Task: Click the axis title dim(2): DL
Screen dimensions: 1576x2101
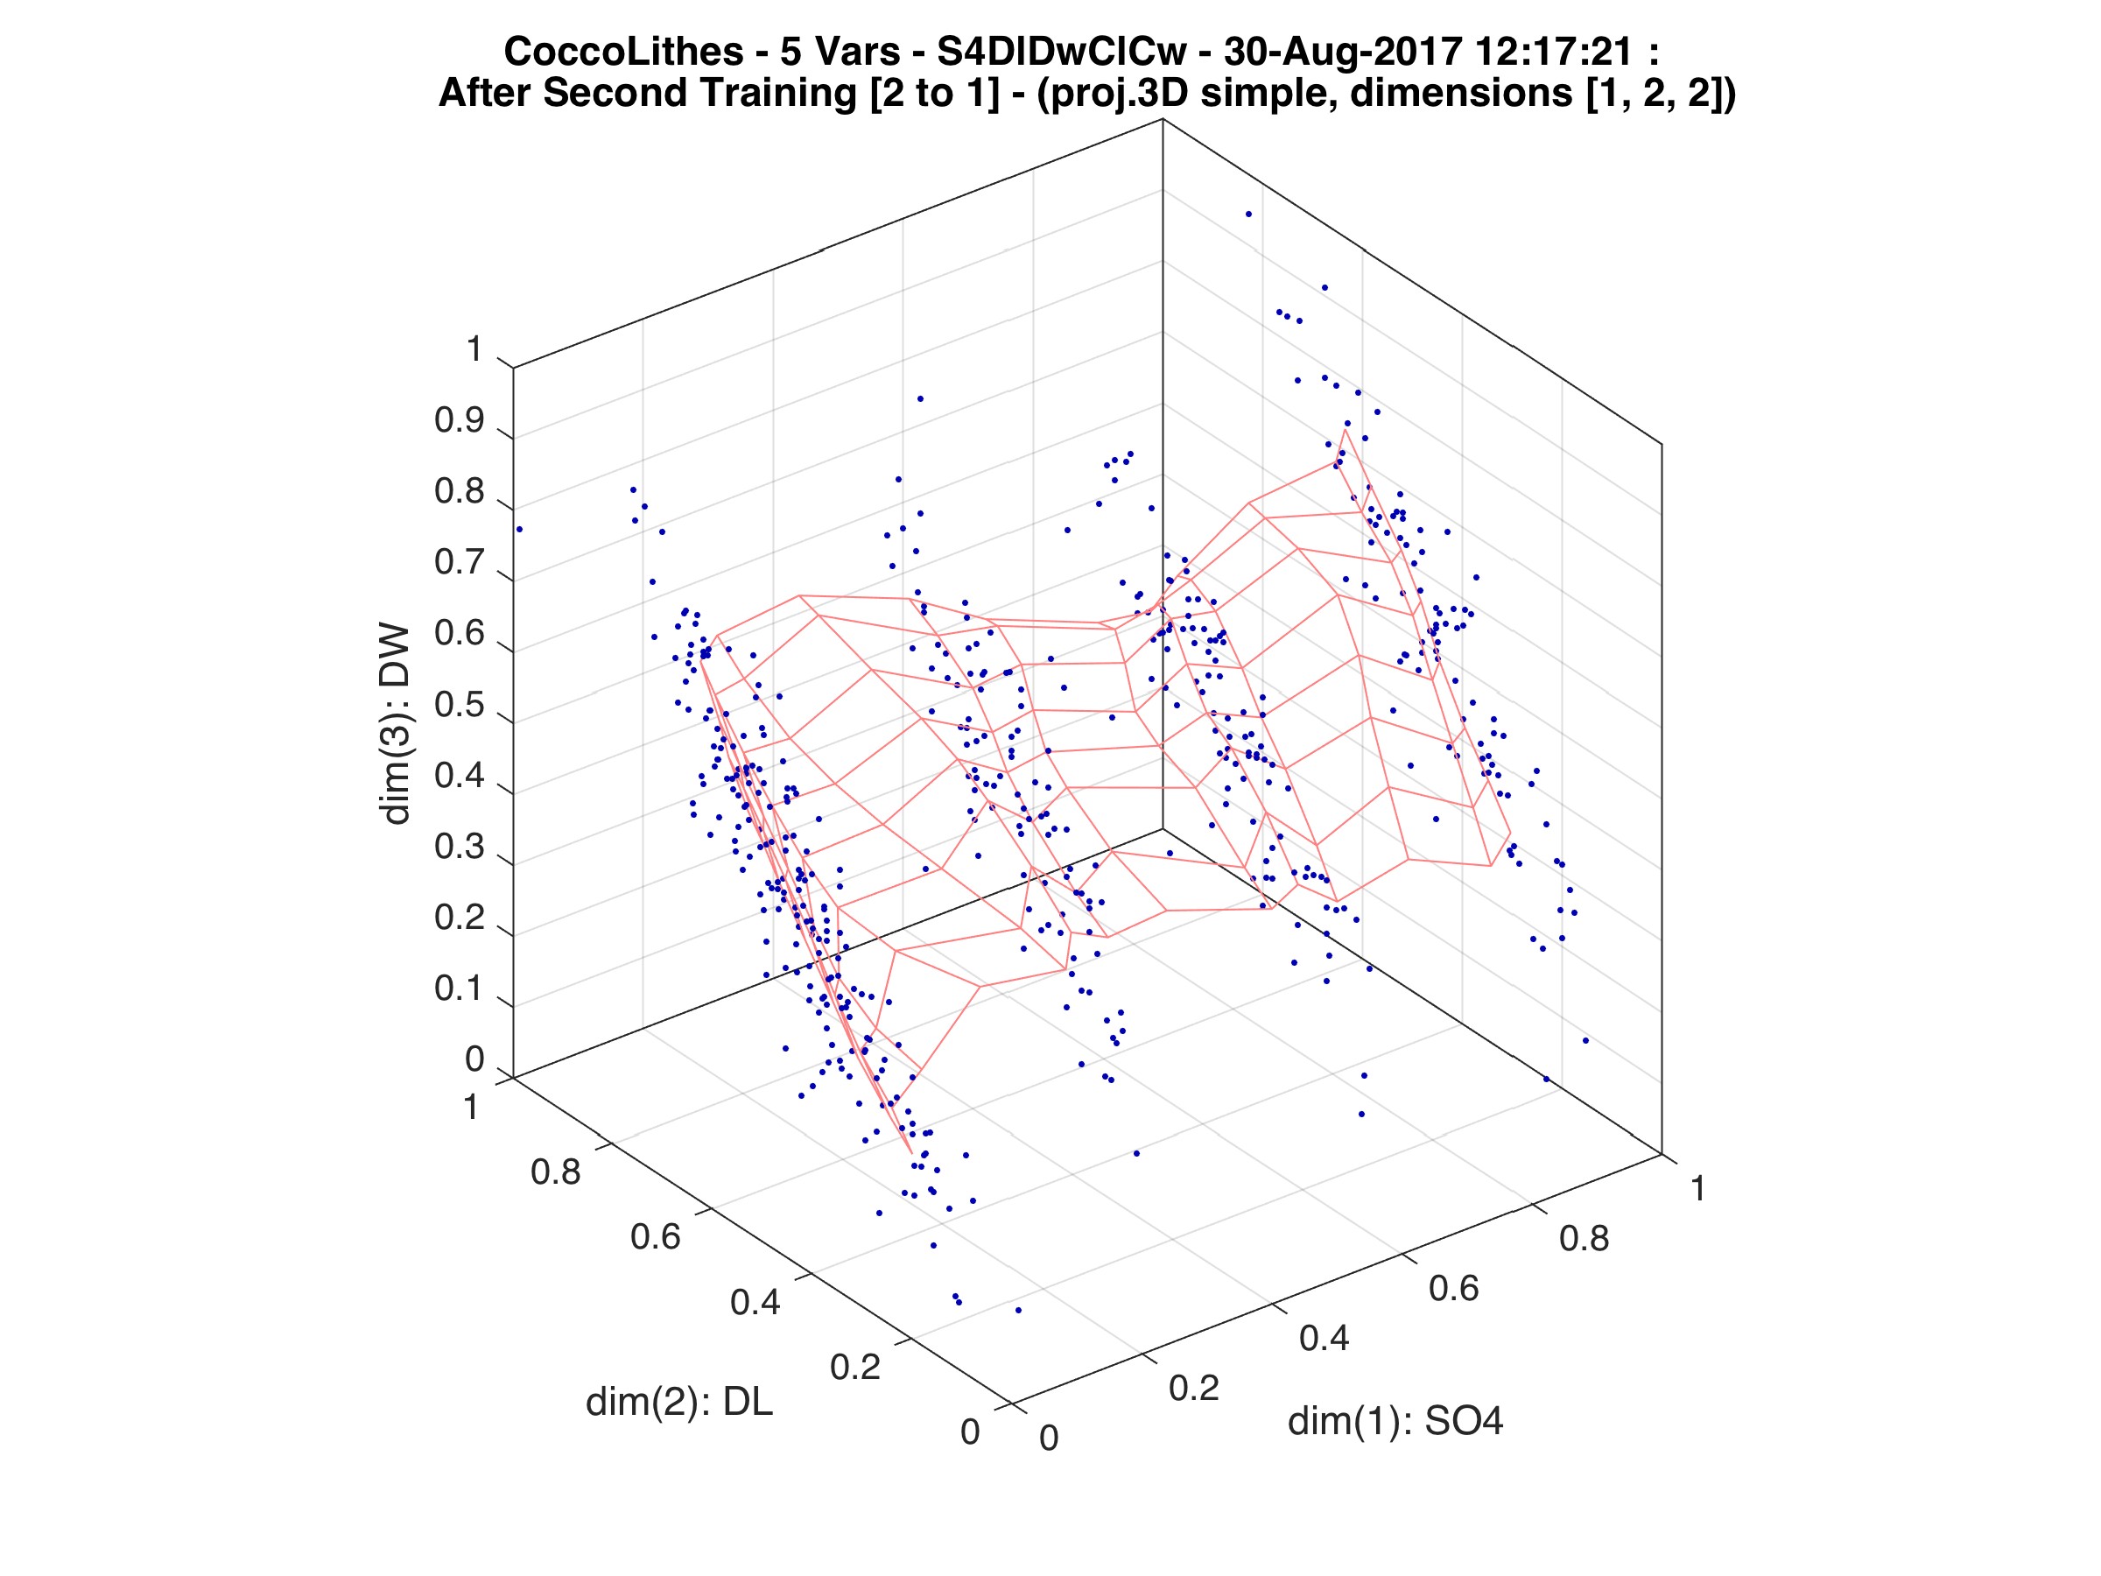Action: pyautogui.click(x=679, y=1402)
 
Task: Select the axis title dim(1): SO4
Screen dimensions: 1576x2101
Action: pyautogui.click(x=1395, y=1421)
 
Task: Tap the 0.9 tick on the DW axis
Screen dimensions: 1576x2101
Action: pyautogui.click(x=460, y=421)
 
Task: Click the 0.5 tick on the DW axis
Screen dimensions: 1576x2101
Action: pyautogui.click(x=460, y=706)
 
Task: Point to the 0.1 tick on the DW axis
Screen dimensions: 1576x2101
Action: pyautogui.click(x=460, y=989)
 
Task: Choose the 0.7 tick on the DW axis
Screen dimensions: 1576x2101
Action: pyautogui.click(x=460, y=562)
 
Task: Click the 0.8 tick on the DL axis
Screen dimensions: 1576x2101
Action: pyautogui.click(x=556, y=1172)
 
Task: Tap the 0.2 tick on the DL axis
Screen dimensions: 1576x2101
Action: pyautogui.click(x=854, y=1367)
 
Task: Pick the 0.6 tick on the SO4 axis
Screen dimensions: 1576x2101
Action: pyautogui.click(x=1453, y=1288)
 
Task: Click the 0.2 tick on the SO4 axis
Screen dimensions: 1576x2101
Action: pyautogui.click(x=1193, y=1388)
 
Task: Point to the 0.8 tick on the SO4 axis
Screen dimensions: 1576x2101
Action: pyautogui.click(x=1585, y=1239)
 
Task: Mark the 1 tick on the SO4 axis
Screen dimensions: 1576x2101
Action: pyautogui.click(x=1697, y=1188)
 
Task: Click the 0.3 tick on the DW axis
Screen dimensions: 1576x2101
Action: pyautogui.click(x=460, y=848)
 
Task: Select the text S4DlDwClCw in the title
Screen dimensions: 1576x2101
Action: pyautogui.click(x=1059, y=52)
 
